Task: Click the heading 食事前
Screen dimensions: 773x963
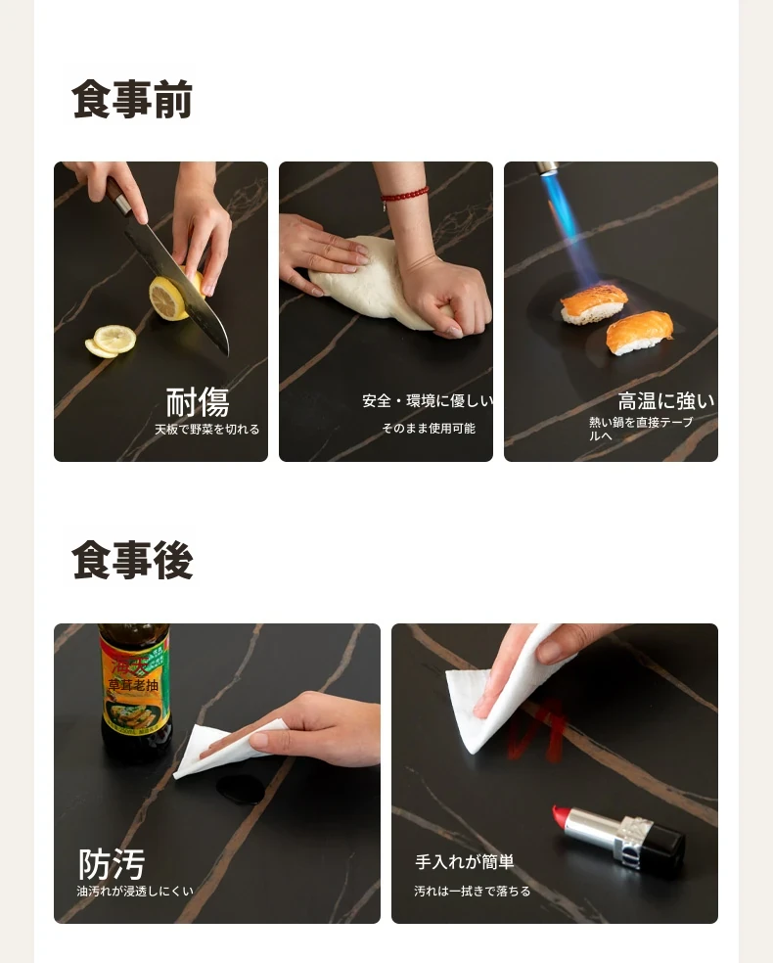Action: click(132, 98)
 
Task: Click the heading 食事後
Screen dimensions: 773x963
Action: click(132, 560)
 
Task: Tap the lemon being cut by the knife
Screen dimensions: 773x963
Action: click(175, 295)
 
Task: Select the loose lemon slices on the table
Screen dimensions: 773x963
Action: click(111, 341)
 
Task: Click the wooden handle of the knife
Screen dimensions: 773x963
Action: click(117, 197)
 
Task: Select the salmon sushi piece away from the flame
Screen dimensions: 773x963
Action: click(639, 333)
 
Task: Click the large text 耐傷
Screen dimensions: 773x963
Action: click(197, 402)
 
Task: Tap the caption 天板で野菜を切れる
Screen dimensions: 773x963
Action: click(206, 430)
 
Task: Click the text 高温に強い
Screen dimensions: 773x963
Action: click(666, 401)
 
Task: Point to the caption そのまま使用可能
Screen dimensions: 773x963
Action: click(429, 428)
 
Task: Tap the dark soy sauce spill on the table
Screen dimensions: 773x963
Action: click(240, 789)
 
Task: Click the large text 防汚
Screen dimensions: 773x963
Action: click(112, 864)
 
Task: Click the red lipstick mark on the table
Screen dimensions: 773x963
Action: click(535, 731)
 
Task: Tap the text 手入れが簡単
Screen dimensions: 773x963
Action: click(464, 861)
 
